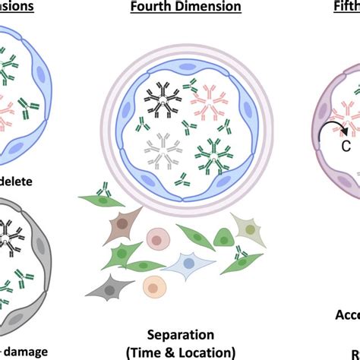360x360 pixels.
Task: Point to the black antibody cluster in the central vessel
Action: tap(159, 98)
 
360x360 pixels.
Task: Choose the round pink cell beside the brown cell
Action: tap(157, 238)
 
